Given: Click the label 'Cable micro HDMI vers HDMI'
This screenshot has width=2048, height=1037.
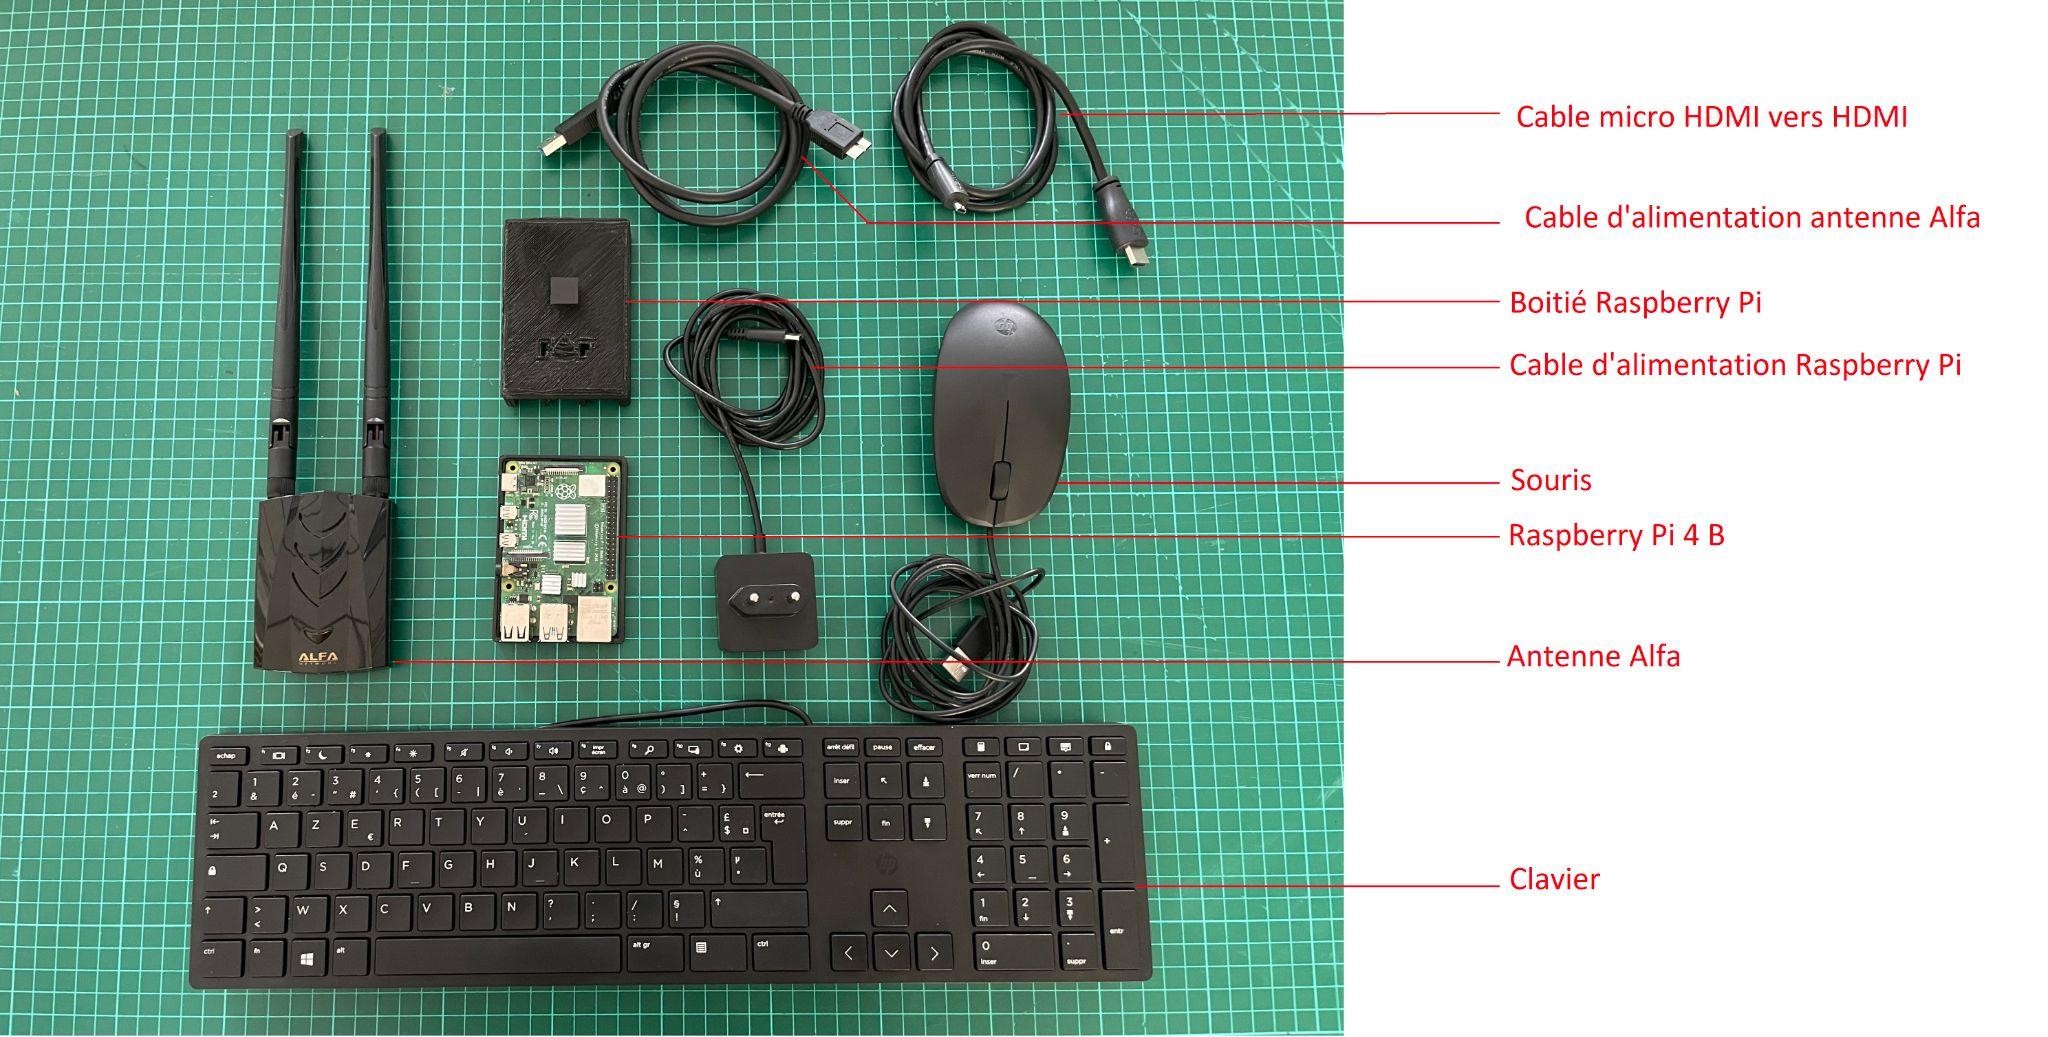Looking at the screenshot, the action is pyautogui.click(x=1711, y=117).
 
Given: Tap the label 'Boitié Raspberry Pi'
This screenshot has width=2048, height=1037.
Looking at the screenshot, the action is pyautogui.click(x=1635, y=302).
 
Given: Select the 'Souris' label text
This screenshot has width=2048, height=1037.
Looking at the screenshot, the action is pyautogui.click(x=1550, y=480).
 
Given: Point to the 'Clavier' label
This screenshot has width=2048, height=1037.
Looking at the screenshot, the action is pyautogui.click(x=1554, y=880).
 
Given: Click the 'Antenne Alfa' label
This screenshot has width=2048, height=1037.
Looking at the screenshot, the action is pyautogui.click(x=1593, y=657).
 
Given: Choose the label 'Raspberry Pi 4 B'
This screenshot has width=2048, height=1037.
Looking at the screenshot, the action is pyautogui.click(x=1616, y=535).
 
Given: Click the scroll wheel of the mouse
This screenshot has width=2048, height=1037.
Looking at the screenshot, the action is pyautogui.click(x=1000, y=479).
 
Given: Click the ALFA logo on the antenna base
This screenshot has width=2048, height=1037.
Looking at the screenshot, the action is pyautogui.click(x=319, y=657).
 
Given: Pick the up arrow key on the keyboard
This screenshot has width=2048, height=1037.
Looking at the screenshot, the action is pyautogui.click(x=889, y=909).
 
